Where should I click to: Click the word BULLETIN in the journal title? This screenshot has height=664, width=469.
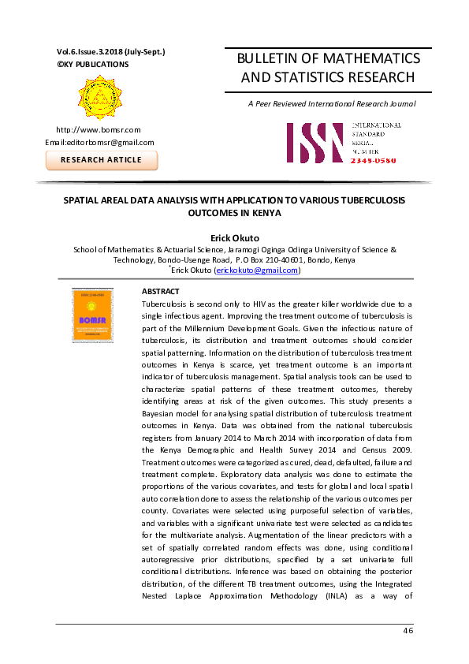261,59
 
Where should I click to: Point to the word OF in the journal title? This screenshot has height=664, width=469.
304,59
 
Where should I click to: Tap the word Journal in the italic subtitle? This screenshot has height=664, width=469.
400,104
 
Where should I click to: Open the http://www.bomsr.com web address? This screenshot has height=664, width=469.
98,129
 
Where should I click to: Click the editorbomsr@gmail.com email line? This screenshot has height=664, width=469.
99,142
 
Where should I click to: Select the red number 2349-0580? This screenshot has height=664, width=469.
376,159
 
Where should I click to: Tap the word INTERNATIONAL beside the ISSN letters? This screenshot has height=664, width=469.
376,125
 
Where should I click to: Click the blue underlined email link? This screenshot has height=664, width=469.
257,270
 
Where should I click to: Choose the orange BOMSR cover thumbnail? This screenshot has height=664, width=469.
92,315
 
